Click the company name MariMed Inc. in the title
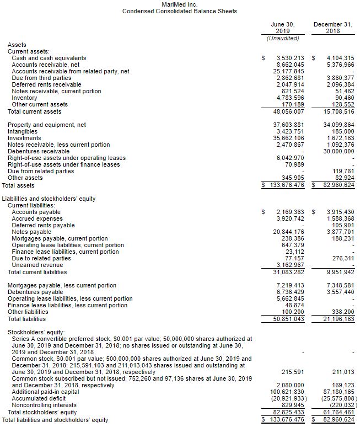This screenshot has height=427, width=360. coord(179,4)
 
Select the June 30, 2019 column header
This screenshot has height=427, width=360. coord(283,28)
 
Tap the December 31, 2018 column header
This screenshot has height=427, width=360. coord(332,28)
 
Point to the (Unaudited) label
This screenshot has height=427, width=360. coord(283,38)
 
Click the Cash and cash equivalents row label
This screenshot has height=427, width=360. coord(49,58)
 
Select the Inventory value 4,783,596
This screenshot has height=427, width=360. coord(289,98)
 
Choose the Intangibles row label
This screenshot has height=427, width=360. coord(23,131)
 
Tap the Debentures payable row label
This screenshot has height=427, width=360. coord(35,292)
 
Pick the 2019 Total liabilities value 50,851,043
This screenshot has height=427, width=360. coord(288,319)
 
